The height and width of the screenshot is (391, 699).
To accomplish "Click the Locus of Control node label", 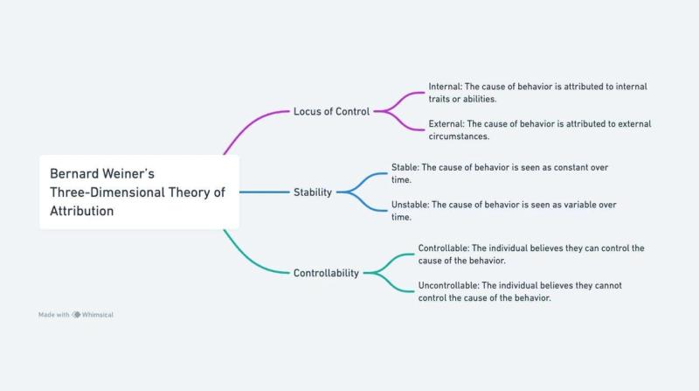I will pos(331,111).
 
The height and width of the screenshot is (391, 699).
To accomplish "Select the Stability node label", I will pos(312,192).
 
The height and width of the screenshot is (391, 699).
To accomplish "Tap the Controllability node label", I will pos(326,273).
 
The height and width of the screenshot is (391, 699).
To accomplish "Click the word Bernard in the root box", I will pos(73,173).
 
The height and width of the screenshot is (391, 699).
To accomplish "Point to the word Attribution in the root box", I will pos(81,211).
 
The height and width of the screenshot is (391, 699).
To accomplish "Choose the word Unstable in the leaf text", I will pos(411,204).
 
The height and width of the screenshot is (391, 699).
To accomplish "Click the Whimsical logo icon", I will pos(76,315).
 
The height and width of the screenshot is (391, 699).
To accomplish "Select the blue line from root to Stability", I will pos(262,192).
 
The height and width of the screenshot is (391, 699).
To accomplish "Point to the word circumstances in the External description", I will pos(458,136).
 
